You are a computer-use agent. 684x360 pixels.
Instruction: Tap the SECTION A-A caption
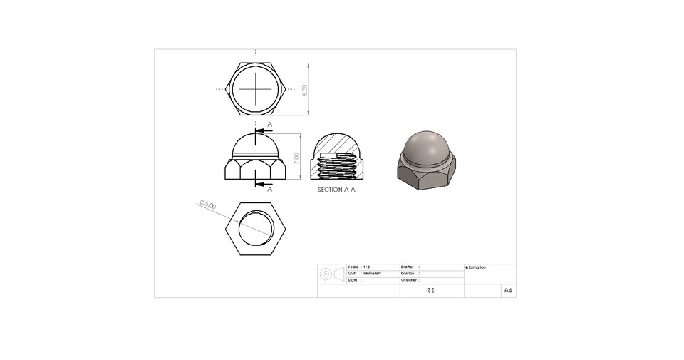click(x=336, y=191)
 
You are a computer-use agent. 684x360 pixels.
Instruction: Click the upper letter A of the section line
click(x=270, y=124)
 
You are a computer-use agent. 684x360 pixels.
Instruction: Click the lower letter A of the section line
click(x=270, y=190)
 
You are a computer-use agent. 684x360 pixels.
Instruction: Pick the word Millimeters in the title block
click(x=372, y=274)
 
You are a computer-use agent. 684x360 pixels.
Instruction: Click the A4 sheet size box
click(x=508, y=291)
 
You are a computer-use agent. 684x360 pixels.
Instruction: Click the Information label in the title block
click(x=476, y=267)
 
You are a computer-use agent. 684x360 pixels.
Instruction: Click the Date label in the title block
click(x=353, y=280)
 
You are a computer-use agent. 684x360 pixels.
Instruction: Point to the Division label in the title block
click(x=408, y=274)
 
